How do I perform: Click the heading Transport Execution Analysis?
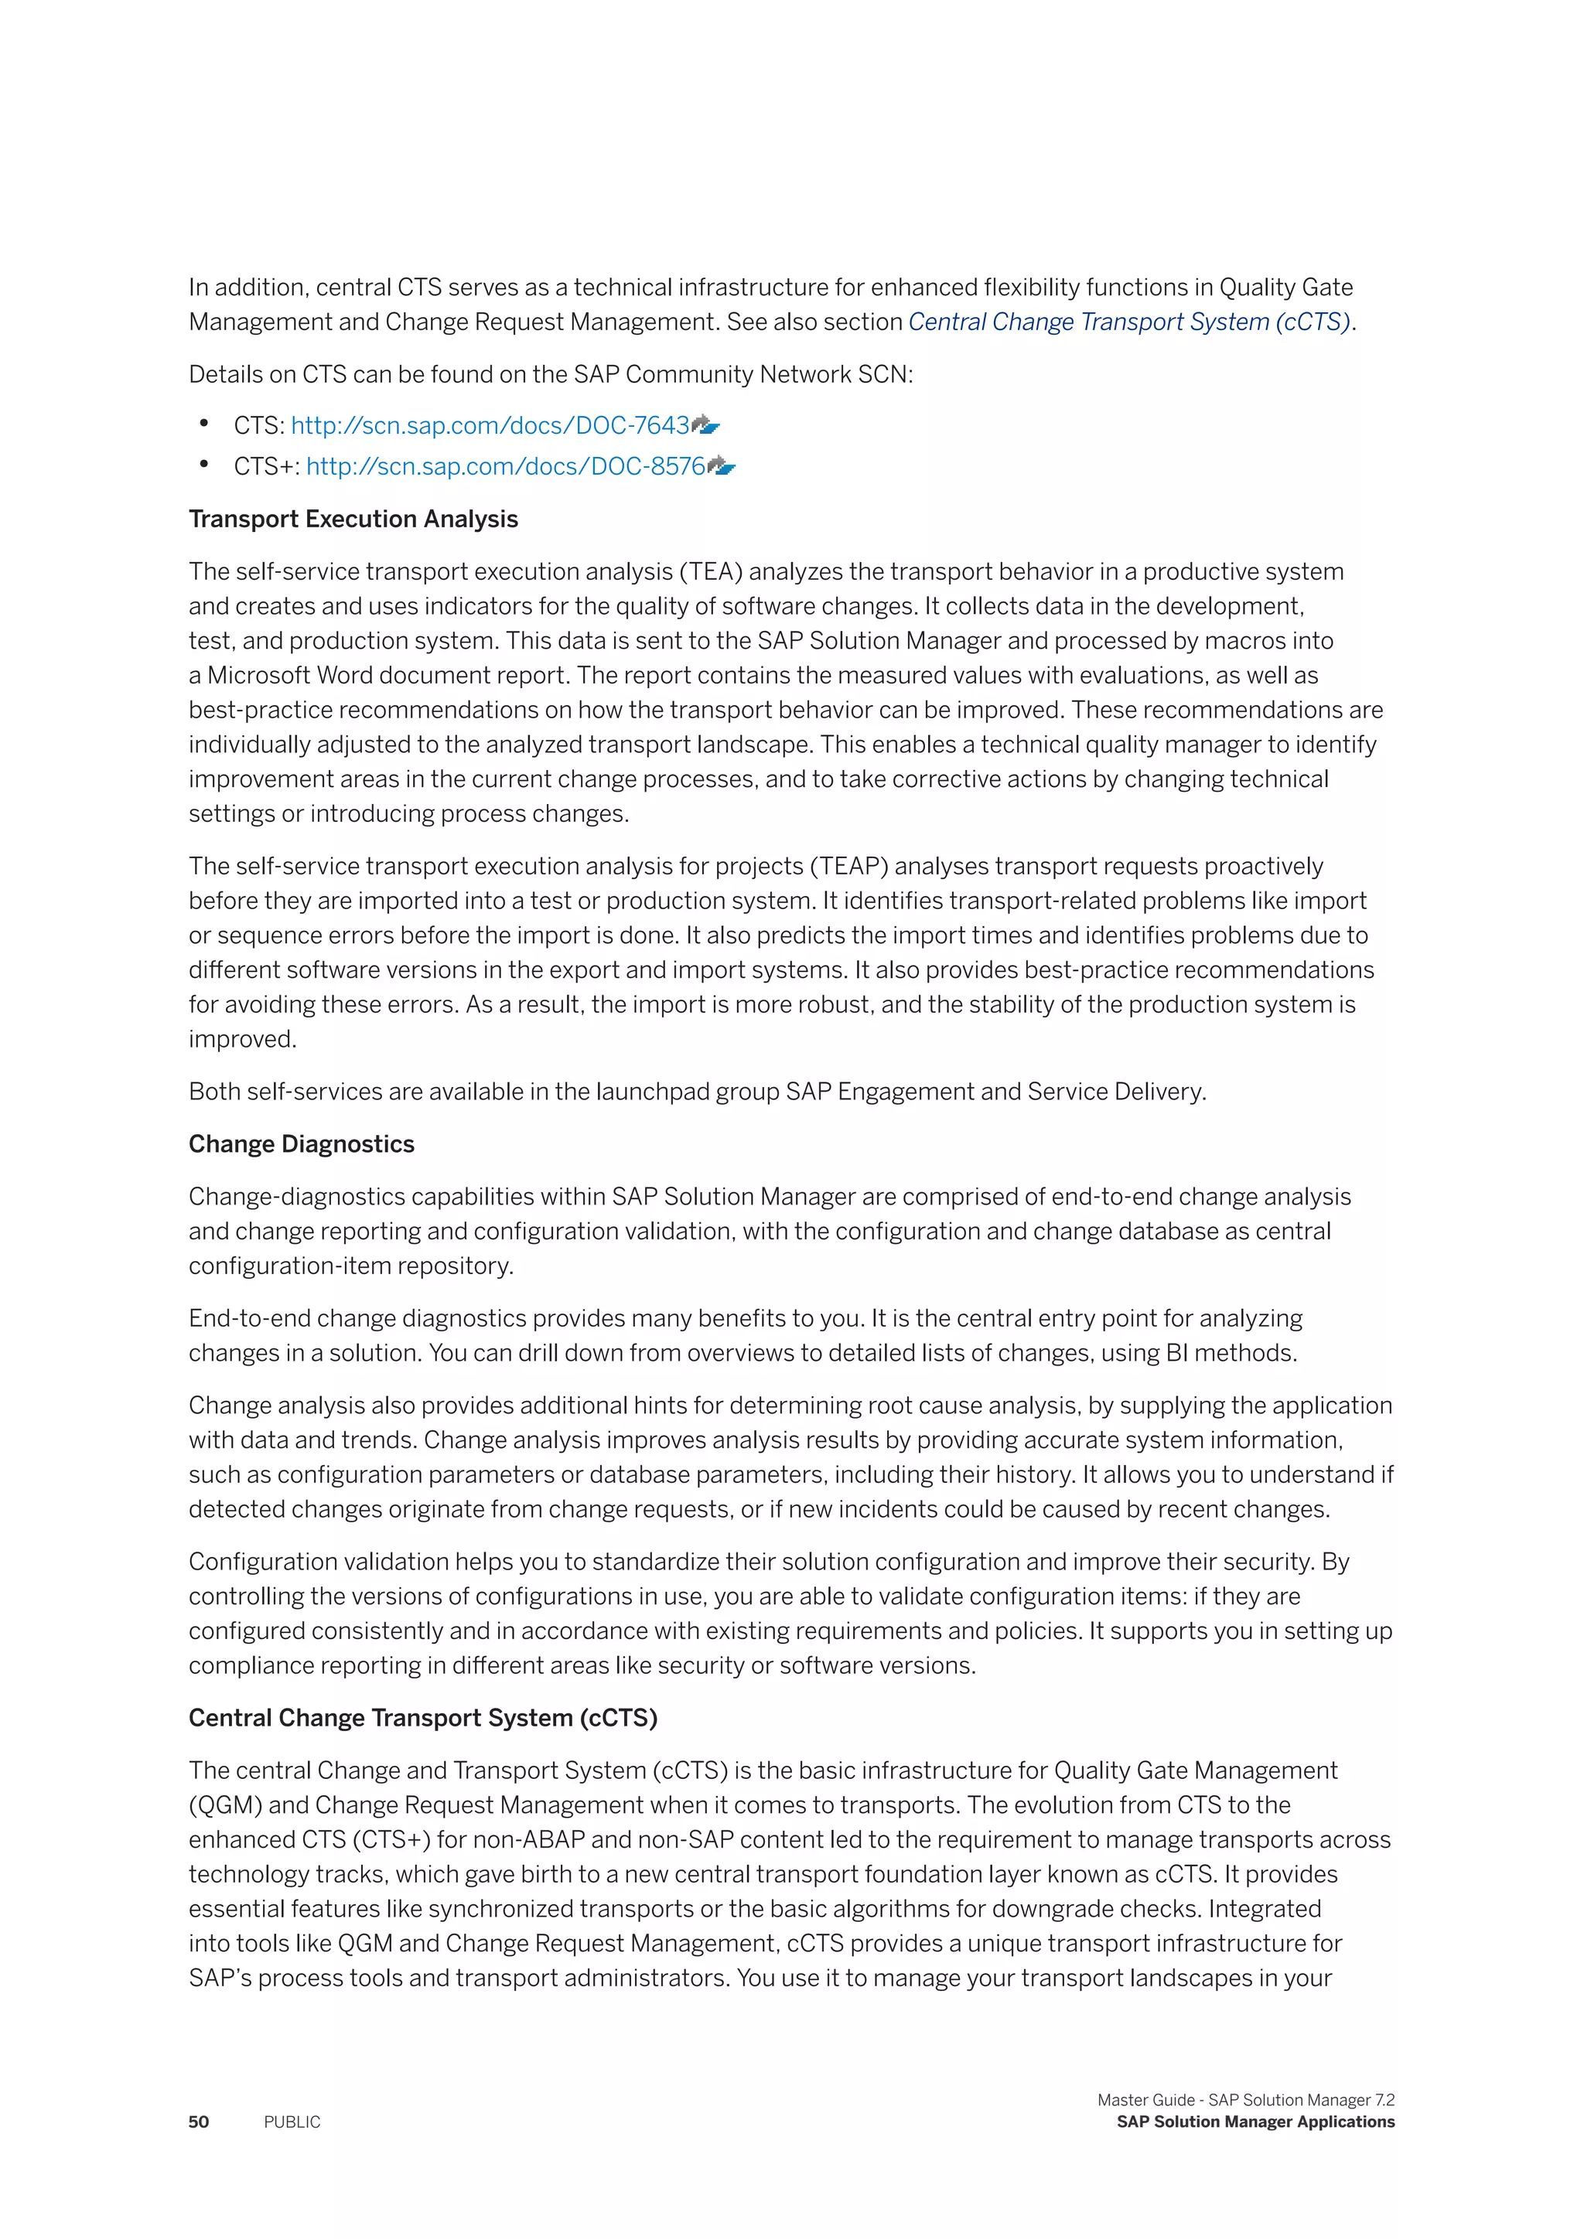coord(353,519)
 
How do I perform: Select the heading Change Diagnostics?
coord(302,1144)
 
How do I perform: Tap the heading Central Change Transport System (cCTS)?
coord(422,1717)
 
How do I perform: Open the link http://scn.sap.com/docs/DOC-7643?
coord(490,426)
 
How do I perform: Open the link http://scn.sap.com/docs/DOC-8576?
coord(505,467)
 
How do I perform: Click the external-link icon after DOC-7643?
coord(705,425)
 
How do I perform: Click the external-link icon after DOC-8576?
coord(721,466)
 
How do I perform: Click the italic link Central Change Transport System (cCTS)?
coord(1128,322)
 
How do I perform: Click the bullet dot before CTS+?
coord(204,466)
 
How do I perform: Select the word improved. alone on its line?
coord(242,1040)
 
